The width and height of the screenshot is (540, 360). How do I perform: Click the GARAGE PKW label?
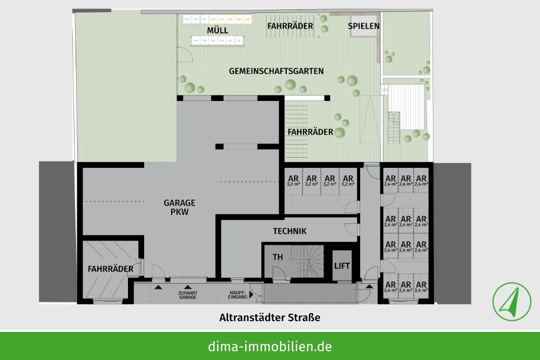pyautogui.click(x=179, y=207)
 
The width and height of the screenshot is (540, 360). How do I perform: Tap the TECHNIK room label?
pyautogui.click(x=289, y=231)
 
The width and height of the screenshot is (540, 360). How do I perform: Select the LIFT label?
pyautogui.click(x=342, y=266)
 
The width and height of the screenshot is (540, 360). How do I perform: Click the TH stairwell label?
pyautogui.click(x=278, y=257)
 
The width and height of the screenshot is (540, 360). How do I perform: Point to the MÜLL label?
pyautogui.click(x=218, y=30)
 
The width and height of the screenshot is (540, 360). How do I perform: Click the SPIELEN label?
pyautogui.click(x=363, y=25)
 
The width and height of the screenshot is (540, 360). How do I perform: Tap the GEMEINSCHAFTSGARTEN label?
pyautogui.click(x=276, y=71)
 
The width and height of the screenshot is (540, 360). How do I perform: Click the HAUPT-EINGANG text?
pyautogui.click(x=238, y=296)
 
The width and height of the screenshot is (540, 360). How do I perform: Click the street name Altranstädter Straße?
pyautogui.click(x=269, y=317)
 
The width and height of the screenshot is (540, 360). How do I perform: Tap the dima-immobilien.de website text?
pyautogui.click(x=270, y=346)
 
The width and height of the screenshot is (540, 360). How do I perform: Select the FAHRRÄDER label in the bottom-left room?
pyautogui.click(x=111, y=268)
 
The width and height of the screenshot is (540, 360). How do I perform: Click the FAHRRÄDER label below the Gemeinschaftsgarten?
pyautogui.click(x=310, y=131)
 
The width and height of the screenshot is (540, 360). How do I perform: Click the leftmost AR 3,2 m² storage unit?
pyautogui.click(x=293, y=180)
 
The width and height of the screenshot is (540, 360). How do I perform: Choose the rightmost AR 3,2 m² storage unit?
pyautogui.click(x=348, y=180)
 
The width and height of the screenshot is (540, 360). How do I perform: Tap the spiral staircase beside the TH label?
pyautogui.click(x=308, y=261)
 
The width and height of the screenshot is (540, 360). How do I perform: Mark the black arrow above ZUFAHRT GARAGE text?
pyautogui.click(x=187, y=288)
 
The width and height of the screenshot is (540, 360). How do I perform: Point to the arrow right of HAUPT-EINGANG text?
pyautogui.click(x=254, y=295)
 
